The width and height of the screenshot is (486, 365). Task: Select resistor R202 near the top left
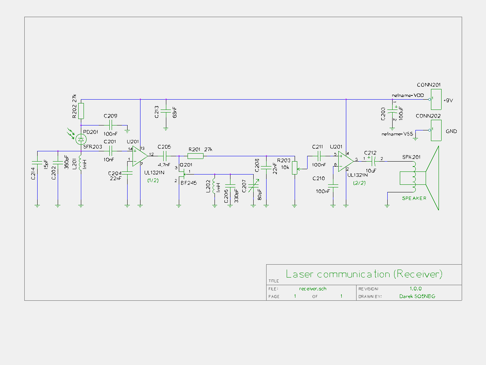click(81, 111)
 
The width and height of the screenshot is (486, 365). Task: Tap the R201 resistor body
click(196, 156)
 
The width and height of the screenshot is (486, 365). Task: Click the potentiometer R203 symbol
click(295, 167)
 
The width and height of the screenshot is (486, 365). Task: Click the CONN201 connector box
click(436, 99)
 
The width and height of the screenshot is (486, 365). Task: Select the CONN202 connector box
click(436, 130)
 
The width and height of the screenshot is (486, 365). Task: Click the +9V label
click(448, 101)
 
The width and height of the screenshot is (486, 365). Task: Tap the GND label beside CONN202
click(451, 132)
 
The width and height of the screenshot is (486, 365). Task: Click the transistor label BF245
click(189, 183)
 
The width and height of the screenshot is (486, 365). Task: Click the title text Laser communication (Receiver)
click(364, 274)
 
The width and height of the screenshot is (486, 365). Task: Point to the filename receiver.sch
click(312, 289)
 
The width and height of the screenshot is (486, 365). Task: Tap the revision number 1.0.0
click(415, 289)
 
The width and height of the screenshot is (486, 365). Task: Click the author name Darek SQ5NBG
click(417, 297)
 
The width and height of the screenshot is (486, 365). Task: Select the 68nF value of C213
click(175, 112)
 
